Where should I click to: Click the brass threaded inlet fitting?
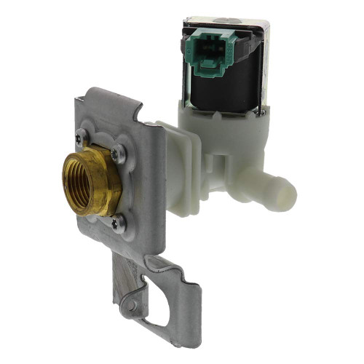pos(90,182)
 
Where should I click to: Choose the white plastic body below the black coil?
pos(218,135)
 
